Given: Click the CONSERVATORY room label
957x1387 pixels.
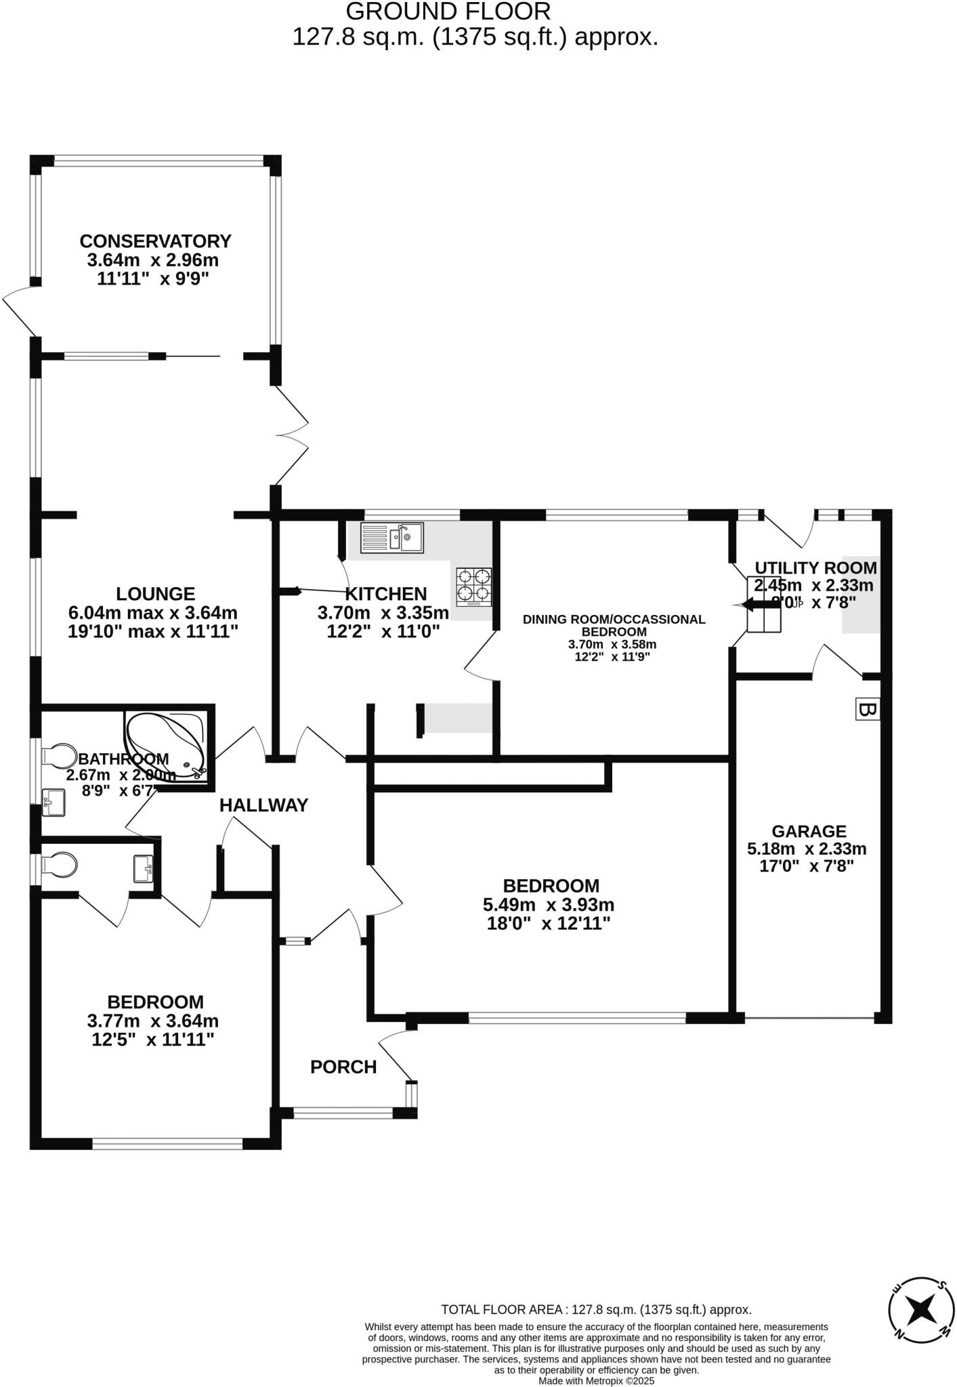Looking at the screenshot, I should pyautogui.click(x=155, y=241).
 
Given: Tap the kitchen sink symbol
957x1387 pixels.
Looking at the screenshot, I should pyautogui.click(x=392, y=537).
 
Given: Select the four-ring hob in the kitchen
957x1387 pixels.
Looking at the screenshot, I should pyautogui.click(x=474, y=586).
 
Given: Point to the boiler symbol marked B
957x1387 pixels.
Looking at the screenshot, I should pyautogui.click(x=867, y=709).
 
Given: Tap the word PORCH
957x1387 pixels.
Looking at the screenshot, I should pyautogui.click(x=343, y=1067).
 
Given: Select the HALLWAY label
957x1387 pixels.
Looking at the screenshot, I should pyautogui.click(x=263, y=805).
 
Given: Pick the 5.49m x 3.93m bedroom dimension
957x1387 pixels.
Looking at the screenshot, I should pyautogui.click(x=549, y=904).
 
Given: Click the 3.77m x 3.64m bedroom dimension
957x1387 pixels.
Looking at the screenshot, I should pyautogui.click(x=153, y=1020).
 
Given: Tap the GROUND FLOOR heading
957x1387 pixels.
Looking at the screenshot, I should pyautogui.click(x=448, y=12).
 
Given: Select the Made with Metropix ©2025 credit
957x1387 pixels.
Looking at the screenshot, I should pyautogui.click(x=596, y=1380).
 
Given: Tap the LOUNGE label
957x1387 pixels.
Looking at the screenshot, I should pyautogui.click(x=155, y=593).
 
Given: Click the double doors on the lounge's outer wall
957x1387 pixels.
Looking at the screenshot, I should pyautogui.click(x=291, y=434).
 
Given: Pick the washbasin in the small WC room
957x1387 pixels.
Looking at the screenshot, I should pyautogui.click(x=143, y=869).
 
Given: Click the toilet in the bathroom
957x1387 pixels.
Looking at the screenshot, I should pyautogui.click(x=59, y=755).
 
